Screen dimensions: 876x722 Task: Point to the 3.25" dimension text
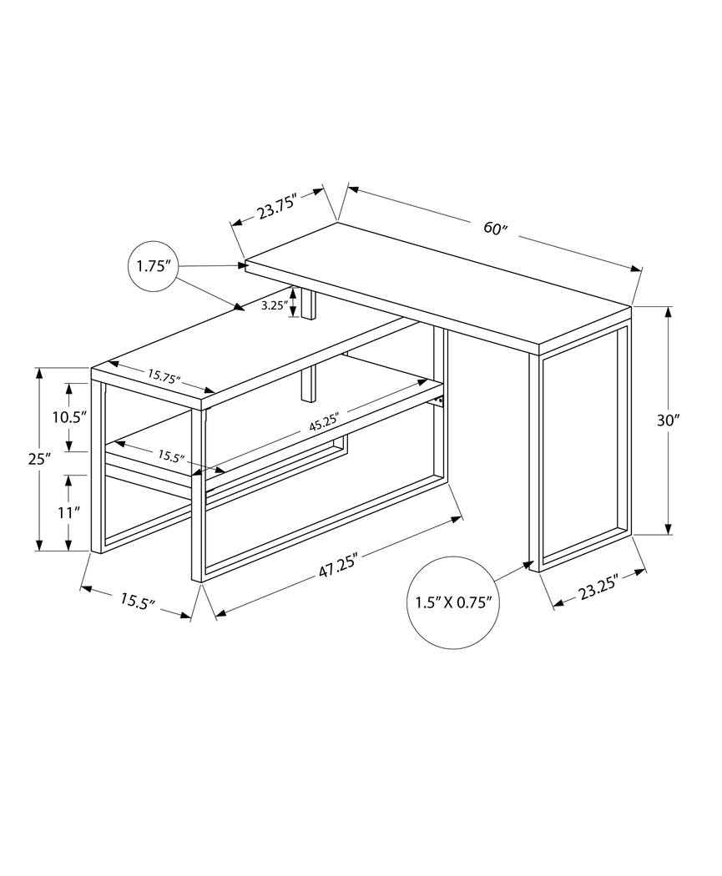[x=273, y=305]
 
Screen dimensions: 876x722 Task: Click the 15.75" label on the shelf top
[x=164, y=376]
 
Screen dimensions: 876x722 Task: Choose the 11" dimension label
[x=69, y=512]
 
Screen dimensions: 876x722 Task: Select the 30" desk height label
[x=669, y=420]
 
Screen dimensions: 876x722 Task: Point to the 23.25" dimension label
[x=598, y=588]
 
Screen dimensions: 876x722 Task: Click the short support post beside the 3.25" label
[x=309, y=305]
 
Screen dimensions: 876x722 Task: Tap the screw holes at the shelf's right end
[x=436, y=403]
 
